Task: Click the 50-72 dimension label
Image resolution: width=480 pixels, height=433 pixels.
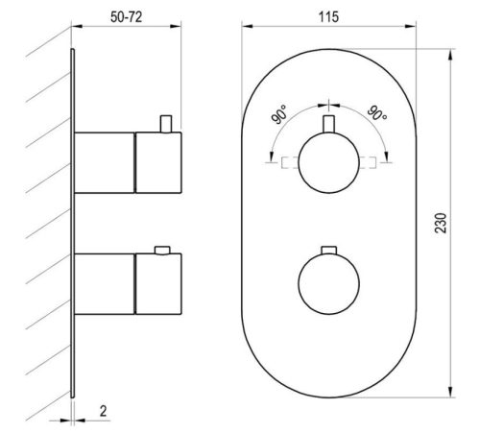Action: pos(126,17)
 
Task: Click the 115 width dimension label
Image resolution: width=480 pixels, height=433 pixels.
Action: pos(328,17)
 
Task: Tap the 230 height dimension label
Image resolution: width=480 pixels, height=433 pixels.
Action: pos(441,223)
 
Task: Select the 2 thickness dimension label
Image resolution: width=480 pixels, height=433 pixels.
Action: pos(103,411)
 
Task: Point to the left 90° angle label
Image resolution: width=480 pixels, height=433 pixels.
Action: pos(279,114)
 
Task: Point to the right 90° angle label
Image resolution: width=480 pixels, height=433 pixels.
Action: pos(377,113)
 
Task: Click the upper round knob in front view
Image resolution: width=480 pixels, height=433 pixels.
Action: pos(328,162)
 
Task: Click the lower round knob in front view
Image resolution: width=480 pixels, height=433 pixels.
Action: pos(328,284)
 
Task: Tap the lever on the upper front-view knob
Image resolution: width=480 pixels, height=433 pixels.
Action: pos(328,124)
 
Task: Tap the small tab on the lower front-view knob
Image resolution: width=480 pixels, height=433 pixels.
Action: pos(328,251)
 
